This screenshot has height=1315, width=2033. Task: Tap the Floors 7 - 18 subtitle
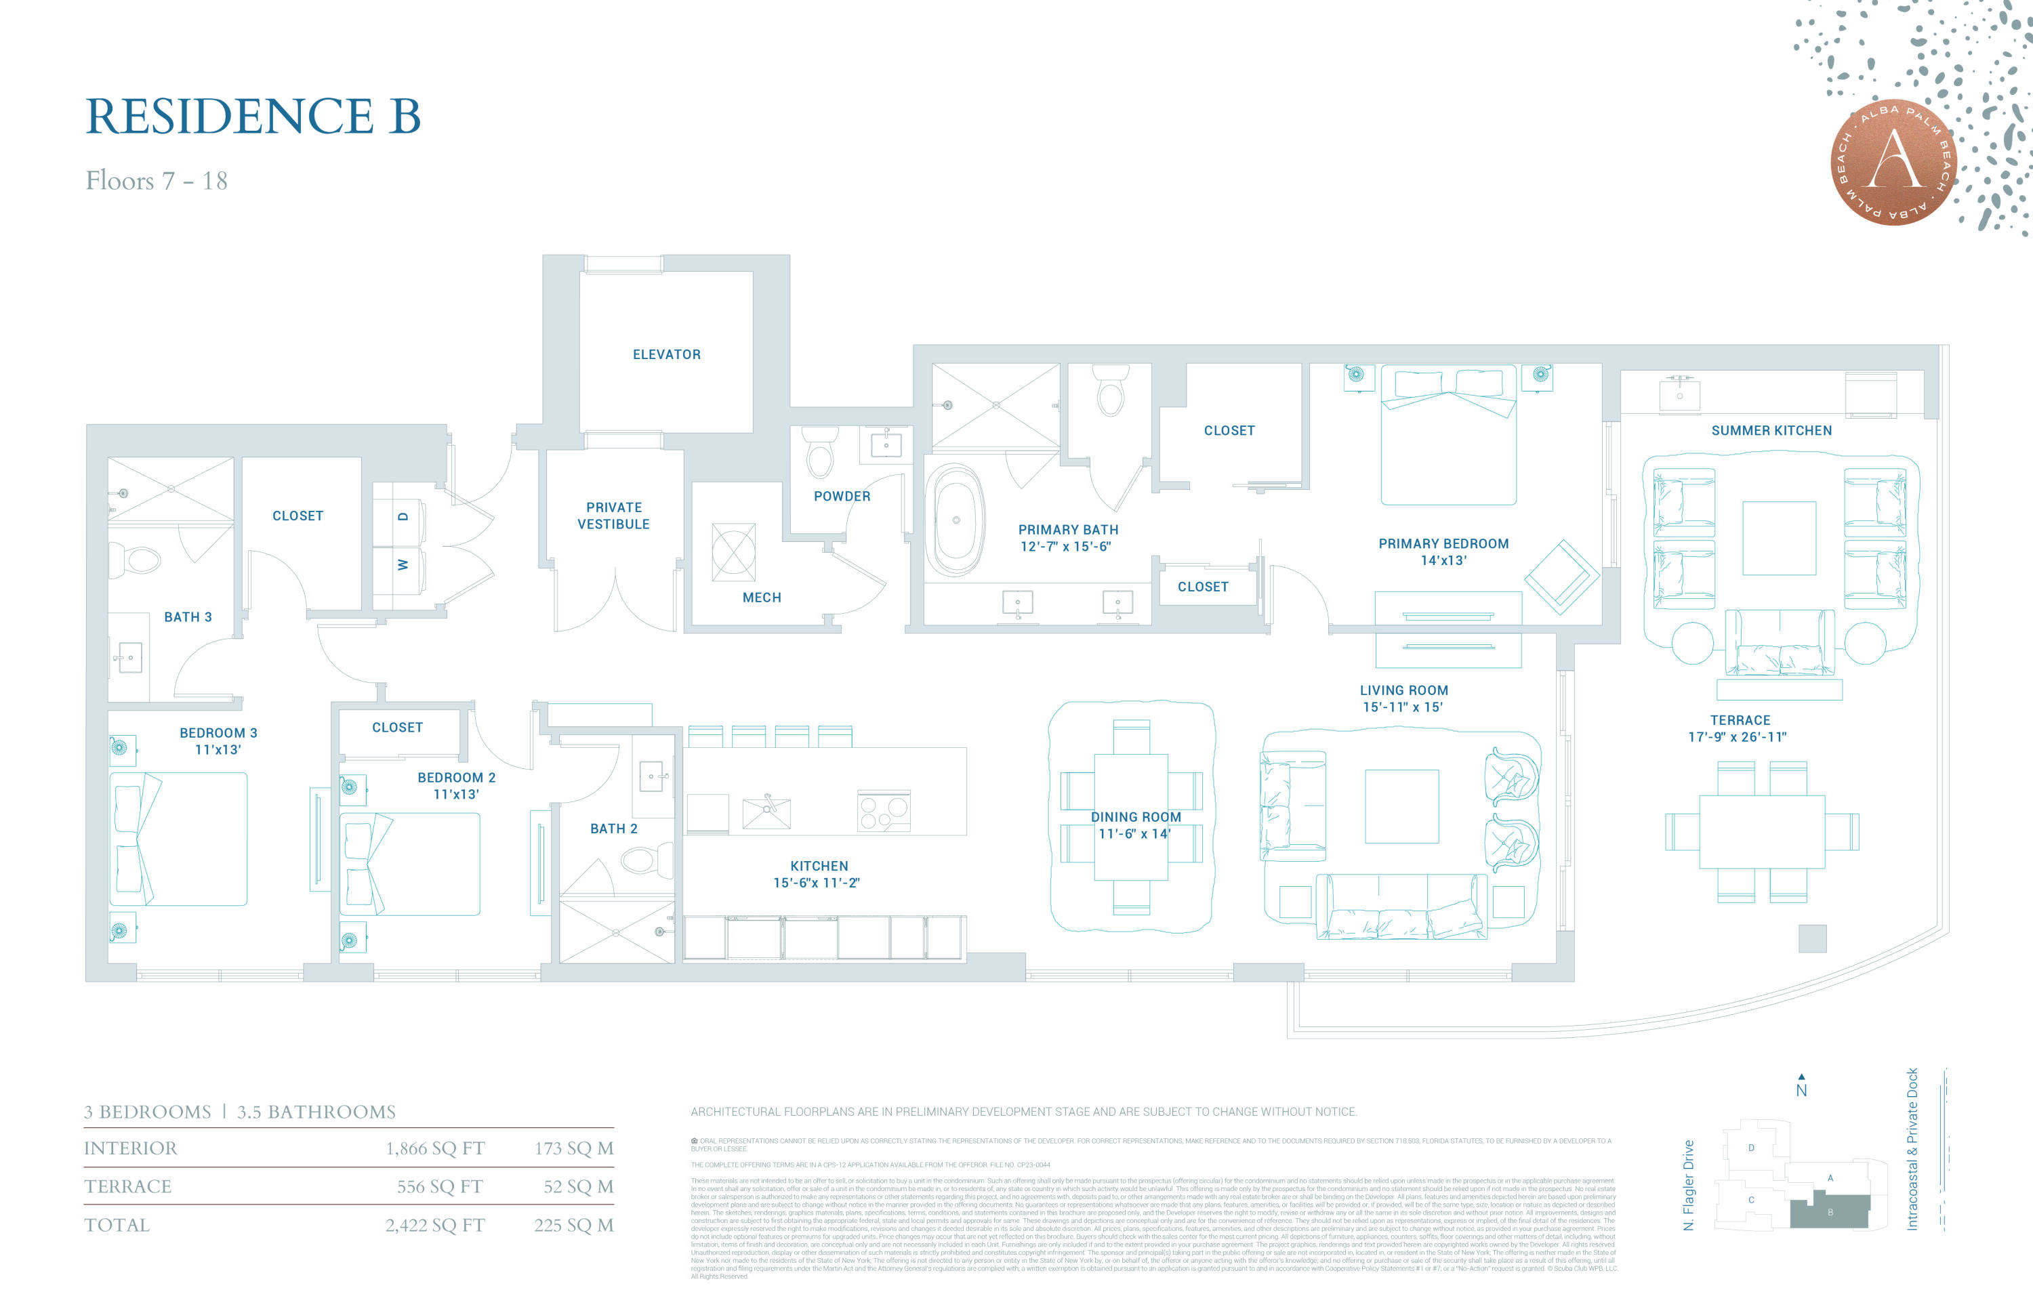pyautogui.click(x=157, y=181)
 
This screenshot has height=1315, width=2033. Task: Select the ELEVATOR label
pyautogui.click(x=666, y=354)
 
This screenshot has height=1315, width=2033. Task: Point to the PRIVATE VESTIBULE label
pyautogui.click(x=613, y=516)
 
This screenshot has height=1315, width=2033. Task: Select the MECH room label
pyautogui.click(x=761, y=598)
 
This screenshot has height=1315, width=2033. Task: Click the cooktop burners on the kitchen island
pyautogui.click(x=883, y=810)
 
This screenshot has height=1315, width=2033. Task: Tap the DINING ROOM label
pyautogui.click(x=1135, y=817)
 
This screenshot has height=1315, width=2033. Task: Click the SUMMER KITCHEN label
pyautogui.click(x=1771, y=430)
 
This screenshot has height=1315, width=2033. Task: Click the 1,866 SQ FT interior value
pyautogui.click(x=435, y=1148)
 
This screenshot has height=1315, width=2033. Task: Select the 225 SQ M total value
pyautogui.click(x=573, y=1226)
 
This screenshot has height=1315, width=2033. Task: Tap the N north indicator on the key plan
pyautogui.click(x=1801, y=1089)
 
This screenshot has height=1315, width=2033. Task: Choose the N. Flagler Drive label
pyautogui.click(x=1688, y=1184)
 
